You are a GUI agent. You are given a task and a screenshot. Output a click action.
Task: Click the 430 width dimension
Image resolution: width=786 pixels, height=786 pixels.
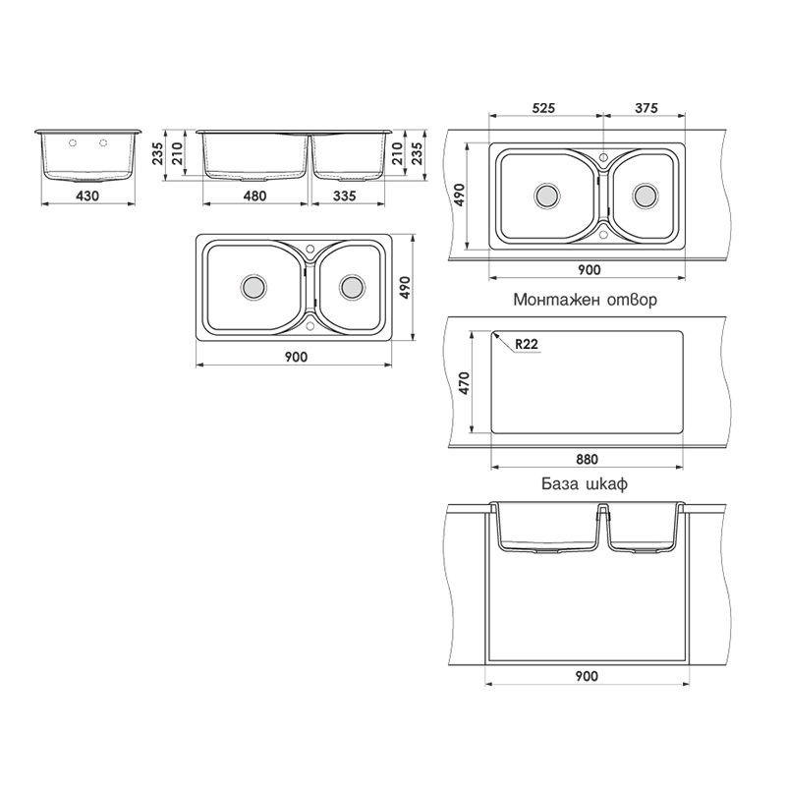click(x=87, y=196)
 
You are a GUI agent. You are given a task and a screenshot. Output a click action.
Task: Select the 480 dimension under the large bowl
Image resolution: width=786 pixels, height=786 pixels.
click(x=254, y=196)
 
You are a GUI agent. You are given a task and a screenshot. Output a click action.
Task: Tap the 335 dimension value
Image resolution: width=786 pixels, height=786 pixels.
click(x=345, y=196)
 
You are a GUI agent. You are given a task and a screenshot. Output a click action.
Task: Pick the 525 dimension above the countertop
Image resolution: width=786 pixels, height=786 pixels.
click(x=543, y=108)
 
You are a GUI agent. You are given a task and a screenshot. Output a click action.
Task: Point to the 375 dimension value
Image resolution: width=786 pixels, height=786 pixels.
click(x=646, y=108)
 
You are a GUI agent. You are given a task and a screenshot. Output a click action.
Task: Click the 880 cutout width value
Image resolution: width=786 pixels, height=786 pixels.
click(x=587, y=459)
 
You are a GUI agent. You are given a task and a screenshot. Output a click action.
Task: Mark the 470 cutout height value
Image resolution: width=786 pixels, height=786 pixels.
click(x=464, y=383)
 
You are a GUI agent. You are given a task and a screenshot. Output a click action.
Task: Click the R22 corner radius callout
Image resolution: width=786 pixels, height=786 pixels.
click(x=527, y=344)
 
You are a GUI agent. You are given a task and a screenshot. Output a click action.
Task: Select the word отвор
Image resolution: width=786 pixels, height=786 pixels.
click(x=632, y=300)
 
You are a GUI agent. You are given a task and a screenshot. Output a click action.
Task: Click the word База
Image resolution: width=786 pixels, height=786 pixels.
click(x=559, y=484)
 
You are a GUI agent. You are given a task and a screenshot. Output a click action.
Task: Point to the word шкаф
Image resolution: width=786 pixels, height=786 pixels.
click(x=606, y=484)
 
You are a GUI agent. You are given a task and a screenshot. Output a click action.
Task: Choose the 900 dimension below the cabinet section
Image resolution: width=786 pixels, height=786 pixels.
click(x=586, y=676)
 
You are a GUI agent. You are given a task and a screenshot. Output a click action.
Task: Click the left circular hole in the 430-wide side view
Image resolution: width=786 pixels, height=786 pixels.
click(x=73, y=143)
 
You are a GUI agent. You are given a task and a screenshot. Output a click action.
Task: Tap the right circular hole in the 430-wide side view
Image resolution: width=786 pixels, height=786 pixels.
click(x=103, y=143)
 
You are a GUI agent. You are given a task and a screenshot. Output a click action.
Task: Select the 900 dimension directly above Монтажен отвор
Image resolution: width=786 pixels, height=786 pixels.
click(x=589, y=269)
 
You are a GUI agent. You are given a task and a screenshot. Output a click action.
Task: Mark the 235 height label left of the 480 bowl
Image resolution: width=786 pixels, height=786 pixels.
click(x=157, y=153)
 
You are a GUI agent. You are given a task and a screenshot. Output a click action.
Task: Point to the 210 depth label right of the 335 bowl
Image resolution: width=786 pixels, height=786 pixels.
click(x=397, y=153)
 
